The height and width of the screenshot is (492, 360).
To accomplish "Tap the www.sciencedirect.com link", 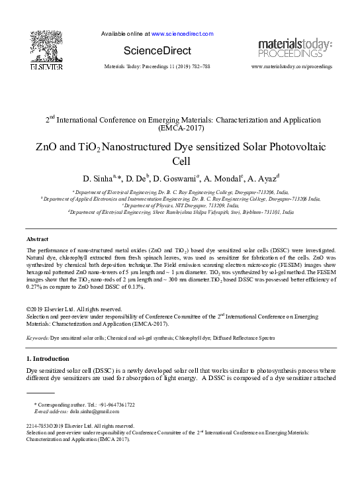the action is pyautogui.click(x=182, y=33).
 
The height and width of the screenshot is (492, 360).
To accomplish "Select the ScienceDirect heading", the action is pyautogui.click(x=157, y=50).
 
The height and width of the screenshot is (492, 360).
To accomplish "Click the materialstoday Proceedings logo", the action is pyautogui.click(x=294, y=48).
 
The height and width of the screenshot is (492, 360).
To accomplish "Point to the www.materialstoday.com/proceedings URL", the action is pyautogui.click(x=292, y=68).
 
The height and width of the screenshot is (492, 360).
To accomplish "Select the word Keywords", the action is pyautogui.click(x=37, y=338).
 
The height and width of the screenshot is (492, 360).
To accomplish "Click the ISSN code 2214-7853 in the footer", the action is pyautogui.click(x=40, y=426).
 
